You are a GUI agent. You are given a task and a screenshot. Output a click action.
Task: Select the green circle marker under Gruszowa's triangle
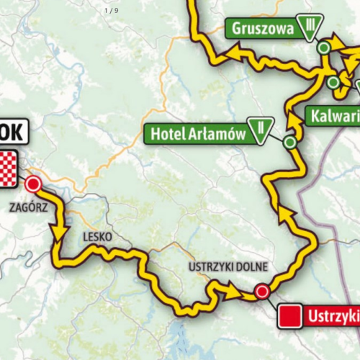[x=324, y=48]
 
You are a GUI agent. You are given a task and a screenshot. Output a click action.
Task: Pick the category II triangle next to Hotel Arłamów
[x=257, y=131]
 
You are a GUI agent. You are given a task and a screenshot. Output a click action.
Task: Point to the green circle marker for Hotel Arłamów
[x=289, y=143]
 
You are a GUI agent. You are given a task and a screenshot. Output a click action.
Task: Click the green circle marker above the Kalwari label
[x=333, y=83]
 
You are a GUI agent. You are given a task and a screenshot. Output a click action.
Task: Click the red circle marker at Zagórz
[x=32, y=185]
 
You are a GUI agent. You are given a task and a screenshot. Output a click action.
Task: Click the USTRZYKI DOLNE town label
[x=228, y=267]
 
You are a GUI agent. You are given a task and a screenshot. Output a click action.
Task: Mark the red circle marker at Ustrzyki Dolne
[x=262, y=292]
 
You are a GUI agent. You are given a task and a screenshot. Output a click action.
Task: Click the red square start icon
[x=289, y=316]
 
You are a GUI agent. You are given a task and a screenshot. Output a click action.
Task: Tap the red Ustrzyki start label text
[x=333, y=315]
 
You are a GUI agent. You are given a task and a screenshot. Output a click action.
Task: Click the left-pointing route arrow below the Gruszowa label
[x=236, y=52]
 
